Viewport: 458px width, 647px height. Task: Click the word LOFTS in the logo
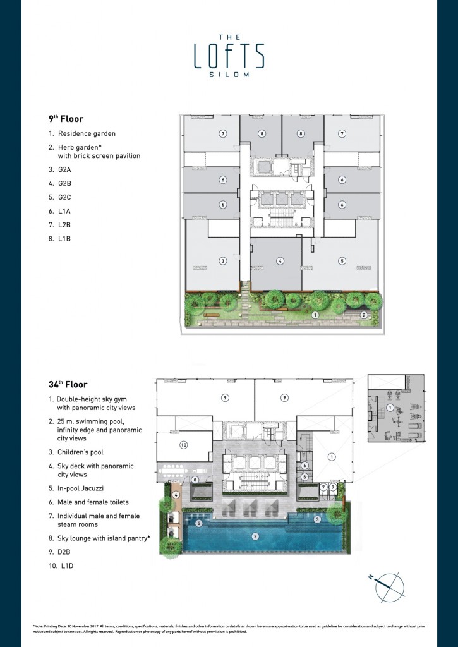tap(229, 55)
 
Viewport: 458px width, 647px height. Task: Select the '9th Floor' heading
tap(66, 118)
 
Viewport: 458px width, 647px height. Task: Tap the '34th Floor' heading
tap(68, 384)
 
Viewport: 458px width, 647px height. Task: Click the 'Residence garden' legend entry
tap(87, 134)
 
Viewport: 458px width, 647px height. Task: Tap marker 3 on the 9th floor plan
tap(222, 261)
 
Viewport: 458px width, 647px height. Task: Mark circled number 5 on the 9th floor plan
tap(342, 260)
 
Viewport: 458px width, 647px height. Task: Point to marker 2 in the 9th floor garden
tap(363, 315)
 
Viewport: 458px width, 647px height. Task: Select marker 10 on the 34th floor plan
tap(184, 445)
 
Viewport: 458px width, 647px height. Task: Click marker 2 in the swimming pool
tap(256, 537)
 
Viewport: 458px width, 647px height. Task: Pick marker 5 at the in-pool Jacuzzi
tap(198, 523)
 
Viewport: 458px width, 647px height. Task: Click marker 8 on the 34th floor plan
tap(195, 480)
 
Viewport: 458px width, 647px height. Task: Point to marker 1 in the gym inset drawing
tap(390, 408)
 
